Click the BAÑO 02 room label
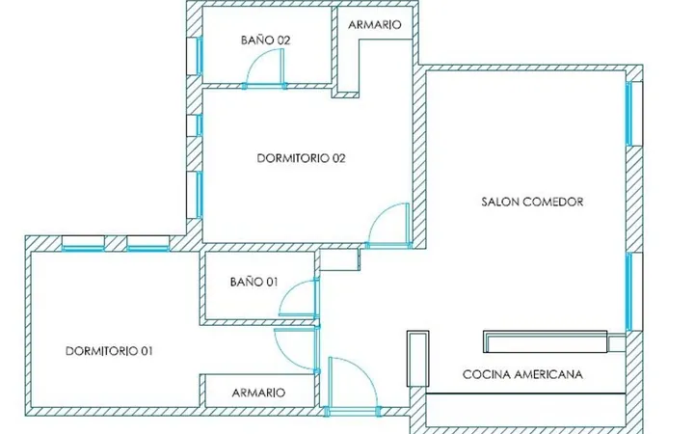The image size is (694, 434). tap(266, 40)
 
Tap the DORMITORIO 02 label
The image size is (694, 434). tap(301, 158)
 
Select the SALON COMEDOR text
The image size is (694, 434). tap(532, 202)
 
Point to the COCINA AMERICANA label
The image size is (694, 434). tap(522, 374)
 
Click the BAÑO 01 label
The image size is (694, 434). tap(254, 282)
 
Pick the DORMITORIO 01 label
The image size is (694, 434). tap(109, 351)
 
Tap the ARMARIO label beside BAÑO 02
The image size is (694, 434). tap(375, 25)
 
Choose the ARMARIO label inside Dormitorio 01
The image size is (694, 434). tap(259, 393)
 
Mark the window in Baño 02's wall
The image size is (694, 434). tap(195, 56)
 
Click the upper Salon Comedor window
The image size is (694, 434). tap(634, 114)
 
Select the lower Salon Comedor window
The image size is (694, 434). tap(634, 292)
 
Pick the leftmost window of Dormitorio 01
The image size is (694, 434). tap(83, 243)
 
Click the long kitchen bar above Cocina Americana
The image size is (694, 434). tap(546, 341)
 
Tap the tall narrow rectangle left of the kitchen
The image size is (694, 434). tap(417, 359)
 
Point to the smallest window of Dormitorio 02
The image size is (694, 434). tap(195, 125)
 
